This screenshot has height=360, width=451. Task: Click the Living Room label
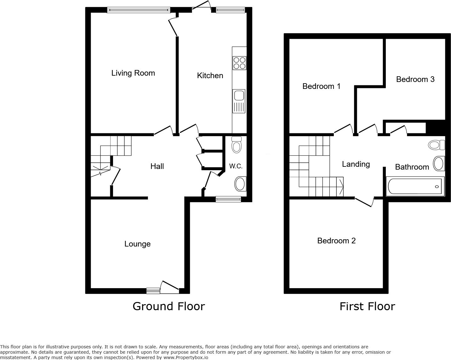(x=133, y=73)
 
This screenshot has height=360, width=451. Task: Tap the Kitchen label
(x=210, y=76)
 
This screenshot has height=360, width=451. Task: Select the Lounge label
(x=137, y=244)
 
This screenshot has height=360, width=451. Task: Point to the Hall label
(x=157, y=166)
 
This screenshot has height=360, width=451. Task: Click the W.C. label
(x=236, y=166)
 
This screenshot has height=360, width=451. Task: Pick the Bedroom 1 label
(x=321, y=86)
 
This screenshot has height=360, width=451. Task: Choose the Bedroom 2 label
(x=336, y=241)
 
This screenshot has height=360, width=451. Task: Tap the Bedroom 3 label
(x=415, y=79)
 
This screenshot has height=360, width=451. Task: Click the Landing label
(x=356, y=164)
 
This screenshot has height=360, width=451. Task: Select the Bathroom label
(x=412, y=167)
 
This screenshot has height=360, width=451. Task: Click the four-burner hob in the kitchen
(x=239, y=63)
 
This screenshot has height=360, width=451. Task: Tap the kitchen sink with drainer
(x=239, y=101)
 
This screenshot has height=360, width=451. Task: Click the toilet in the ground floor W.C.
(x=236, y=145)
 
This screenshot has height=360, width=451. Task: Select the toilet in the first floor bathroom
(x=437, y=145)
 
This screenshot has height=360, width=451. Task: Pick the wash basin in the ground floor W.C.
(x=240, y=184)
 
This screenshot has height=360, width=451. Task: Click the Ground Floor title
(x=168, y=306)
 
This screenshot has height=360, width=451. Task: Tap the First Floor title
(x=367, y=306)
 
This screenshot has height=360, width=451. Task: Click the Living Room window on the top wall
(x=139, y=10)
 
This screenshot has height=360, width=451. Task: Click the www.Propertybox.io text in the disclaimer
(x=186, y=357)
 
